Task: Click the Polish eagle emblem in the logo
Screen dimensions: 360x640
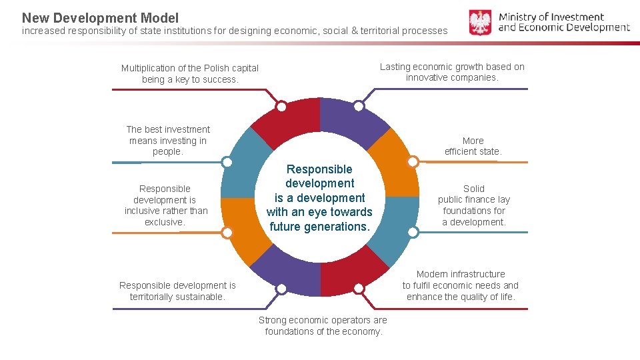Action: click(x=480, y=22)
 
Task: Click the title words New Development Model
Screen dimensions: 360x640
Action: click(x=100, y=18)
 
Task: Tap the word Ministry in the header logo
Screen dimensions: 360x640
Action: click(x=521, y=17)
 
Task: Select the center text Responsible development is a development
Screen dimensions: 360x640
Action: click(x=319, y=198)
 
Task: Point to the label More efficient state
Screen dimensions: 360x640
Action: click(x=473, y=146)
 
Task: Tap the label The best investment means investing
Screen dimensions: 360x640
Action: click(x=168, y=141)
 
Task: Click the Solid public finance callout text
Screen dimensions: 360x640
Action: click(x=473, y=205)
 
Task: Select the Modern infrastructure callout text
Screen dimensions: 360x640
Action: click(x=461, y=285)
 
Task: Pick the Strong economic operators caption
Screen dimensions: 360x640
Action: click(x=323, y=326)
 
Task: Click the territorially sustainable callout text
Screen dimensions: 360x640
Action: click(x=177, y=291)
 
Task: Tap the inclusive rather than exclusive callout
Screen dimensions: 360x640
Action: click(x=166, y=205)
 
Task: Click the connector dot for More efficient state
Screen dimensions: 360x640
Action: click(x=413, y=162)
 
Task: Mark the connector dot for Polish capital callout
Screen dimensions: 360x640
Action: click(x=281, y=107)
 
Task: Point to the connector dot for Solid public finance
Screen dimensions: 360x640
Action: click(x=413, y=232)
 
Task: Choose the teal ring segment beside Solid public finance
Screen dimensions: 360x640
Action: click(x=399, y=230)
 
